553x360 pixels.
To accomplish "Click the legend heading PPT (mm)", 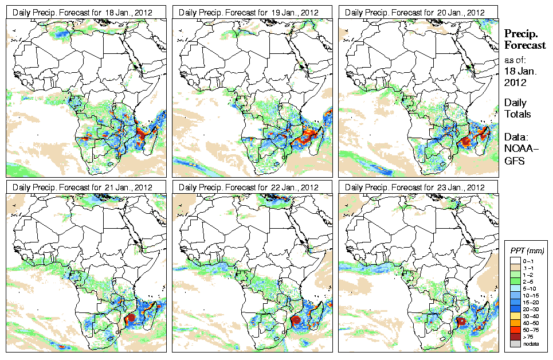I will click(x=527, y=251).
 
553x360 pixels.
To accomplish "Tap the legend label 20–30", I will click(x=530, y=308).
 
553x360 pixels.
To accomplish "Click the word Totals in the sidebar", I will click(x=517, y=114).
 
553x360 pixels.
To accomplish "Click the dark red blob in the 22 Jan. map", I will click(x=296, y=320).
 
